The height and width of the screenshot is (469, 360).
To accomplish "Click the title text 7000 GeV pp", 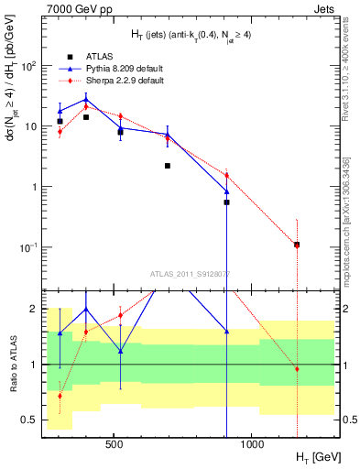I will point(74,8).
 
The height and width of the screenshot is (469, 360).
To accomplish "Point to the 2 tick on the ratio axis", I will point(35,309).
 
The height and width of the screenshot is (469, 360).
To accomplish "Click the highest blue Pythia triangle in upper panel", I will point(86,99).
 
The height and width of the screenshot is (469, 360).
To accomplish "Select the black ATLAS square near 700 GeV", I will point(168,166).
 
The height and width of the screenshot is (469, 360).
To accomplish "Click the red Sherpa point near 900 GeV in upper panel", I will point(226,175).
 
